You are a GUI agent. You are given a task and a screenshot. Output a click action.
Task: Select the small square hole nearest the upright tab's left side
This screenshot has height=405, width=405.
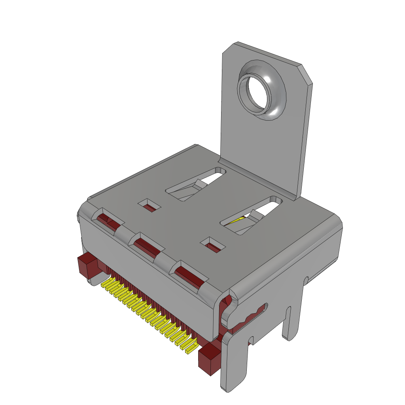(150, 205)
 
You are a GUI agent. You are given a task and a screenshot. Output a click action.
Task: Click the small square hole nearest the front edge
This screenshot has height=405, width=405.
(213, 245)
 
